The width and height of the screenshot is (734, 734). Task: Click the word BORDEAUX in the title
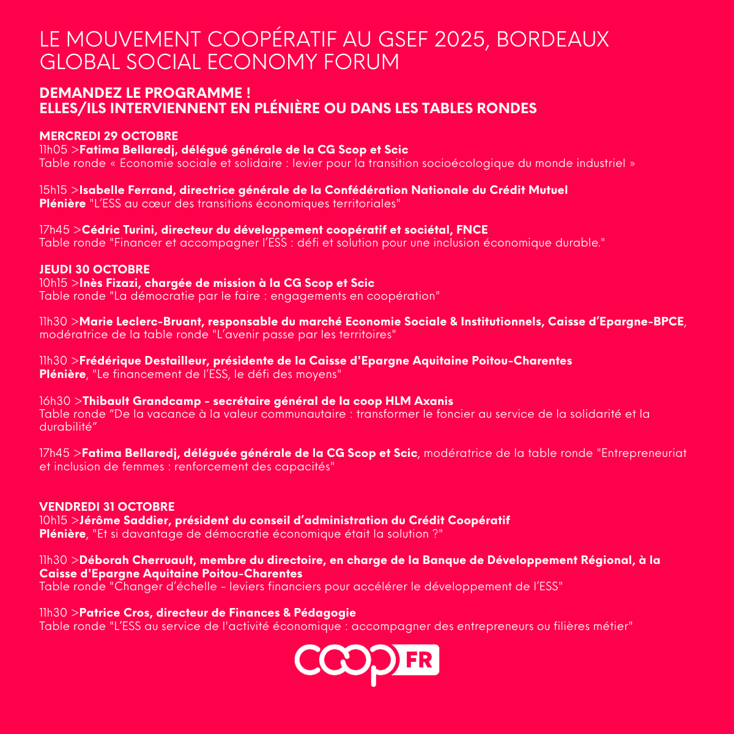coord(552,40)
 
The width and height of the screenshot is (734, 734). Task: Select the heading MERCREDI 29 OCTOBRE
coord(109,136)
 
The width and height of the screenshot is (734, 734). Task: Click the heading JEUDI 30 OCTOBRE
coord(95,269)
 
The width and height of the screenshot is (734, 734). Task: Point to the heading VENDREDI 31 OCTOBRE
coord(107,506)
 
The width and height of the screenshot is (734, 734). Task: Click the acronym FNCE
coord(472,230)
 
